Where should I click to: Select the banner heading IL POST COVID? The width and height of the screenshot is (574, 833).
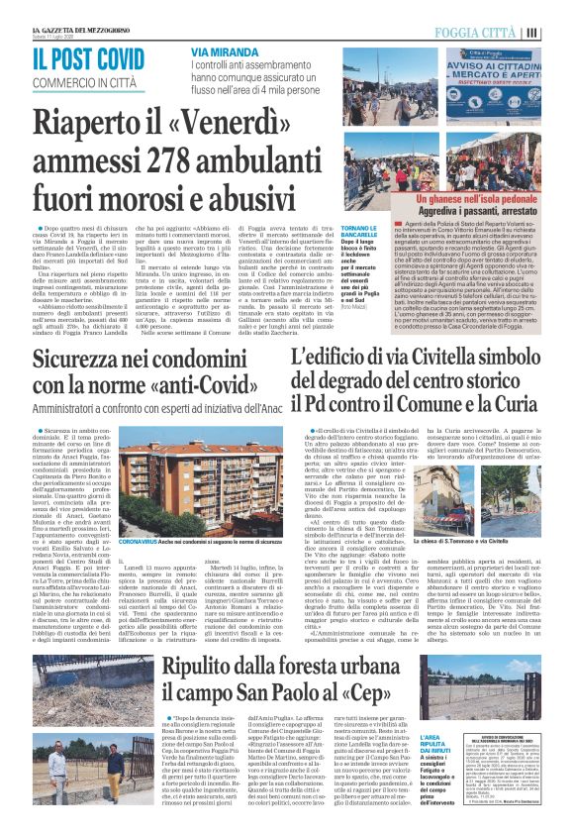tap(90, 59)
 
